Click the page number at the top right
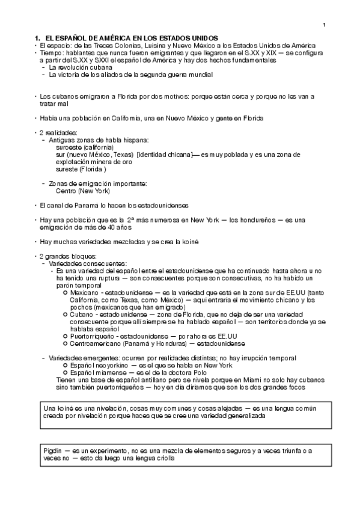pyautogui.click(x=324, y=25)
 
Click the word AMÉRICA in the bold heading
pyautogui.click(x=104, y=38)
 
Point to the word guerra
pyautogui.click(x=167, y=75)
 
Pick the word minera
pyautogui.click(x=104, y=162)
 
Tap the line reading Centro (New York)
pyautogui.click(x=83, y=191)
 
